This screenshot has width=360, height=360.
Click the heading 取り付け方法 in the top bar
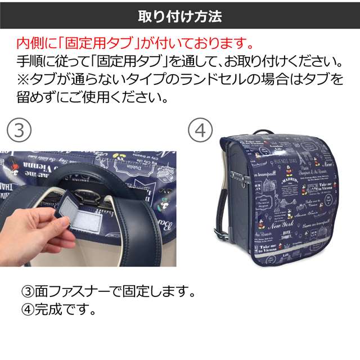pyautogui.click(x=180, y=16)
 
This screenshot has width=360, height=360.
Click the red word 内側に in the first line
pyautogui.click(x=35, y=43)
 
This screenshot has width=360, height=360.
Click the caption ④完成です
pyautogui.click(x=58, y=309)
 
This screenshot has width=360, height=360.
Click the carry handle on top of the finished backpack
pyautogui.click(x=264, y=133)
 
